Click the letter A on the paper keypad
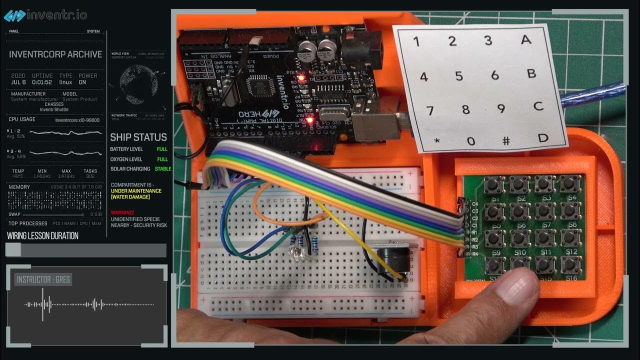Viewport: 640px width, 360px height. coord(525,39)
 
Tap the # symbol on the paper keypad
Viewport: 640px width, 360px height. coord(506,140)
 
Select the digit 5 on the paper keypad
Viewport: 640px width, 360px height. coord(459,76)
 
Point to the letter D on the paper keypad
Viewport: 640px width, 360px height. coord(543,137)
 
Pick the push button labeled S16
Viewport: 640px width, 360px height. coord(570,264)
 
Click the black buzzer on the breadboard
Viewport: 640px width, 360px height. coord(392,261)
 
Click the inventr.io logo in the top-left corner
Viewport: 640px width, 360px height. coord(45,15)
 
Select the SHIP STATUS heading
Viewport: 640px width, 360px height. coord(138,137)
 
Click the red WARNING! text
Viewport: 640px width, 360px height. coord(122,212)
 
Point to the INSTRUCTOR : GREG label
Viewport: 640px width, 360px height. coord(43,279)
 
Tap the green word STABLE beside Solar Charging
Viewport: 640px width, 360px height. coord(163,169)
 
